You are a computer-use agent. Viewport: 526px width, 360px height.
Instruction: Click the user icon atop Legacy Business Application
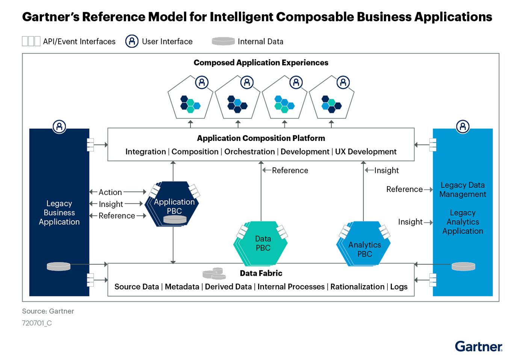pos(59,127)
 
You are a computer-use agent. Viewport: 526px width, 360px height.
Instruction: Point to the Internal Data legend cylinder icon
pos(223,41)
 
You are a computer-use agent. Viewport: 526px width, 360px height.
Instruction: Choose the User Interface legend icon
pos(132,41)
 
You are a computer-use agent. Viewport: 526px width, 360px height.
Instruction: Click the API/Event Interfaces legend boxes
pos(31,41)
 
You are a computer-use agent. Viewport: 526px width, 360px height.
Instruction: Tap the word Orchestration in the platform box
pos(249,151)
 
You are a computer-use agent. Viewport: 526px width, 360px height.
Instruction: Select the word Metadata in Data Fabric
pos(182,287)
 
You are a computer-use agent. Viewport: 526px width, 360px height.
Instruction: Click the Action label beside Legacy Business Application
pos(110,192)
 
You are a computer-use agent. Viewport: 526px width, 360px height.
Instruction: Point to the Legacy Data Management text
pos(463,190)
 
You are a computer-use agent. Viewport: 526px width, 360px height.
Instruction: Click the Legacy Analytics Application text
pos(463,222)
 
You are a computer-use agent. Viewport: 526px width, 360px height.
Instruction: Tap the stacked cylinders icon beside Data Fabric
pos(214,274)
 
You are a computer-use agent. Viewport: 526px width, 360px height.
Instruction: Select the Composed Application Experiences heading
pos(261,63)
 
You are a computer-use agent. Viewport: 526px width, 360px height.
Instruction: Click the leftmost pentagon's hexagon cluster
pos(190,104)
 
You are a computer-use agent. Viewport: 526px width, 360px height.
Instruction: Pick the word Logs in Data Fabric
pos(399,287)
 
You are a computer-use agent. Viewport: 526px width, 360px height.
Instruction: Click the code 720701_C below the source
pos(37,323)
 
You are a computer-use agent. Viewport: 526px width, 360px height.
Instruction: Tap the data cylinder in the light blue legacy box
pos(463,266)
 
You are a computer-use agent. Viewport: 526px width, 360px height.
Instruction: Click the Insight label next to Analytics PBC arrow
pos(386,170)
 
